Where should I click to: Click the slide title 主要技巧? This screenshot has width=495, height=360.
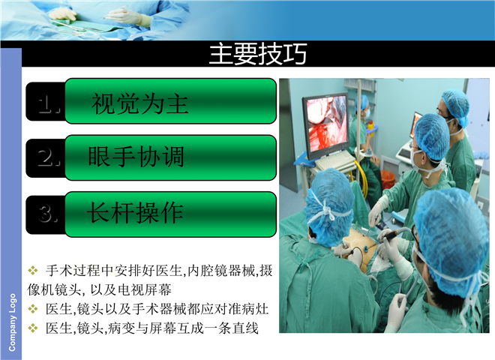pyautogui.click(x=257, y=54)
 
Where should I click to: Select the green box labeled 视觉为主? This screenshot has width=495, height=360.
pyautogui.click(x=171, y=100)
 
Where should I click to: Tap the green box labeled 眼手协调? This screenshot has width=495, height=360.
pyautogui.click(x=171, y=157)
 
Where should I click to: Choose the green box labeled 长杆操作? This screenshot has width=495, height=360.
pyautogui.click(x=171, y=214)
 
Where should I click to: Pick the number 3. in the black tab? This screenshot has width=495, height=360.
pyautogui.click(x=48, y=213)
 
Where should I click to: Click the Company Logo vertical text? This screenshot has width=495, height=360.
pyautogui.click(x=12, y=322)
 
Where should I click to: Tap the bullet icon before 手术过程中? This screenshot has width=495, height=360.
pyautogui.click(x=33, y=270)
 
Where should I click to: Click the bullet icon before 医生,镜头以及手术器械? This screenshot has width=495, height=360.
pyautogui.click(x=33, y=308)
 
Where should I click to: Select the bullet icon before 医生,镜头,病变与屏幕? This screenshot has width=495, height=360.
pyautogui.click(x=33, y=328)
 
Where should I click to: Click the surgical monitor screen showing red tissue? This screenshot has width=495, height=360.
pyautogui.click(x=326, y=123)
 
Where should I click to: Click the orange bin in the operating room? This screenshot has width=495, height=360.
pyautogui.click(x=387, y=179)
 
